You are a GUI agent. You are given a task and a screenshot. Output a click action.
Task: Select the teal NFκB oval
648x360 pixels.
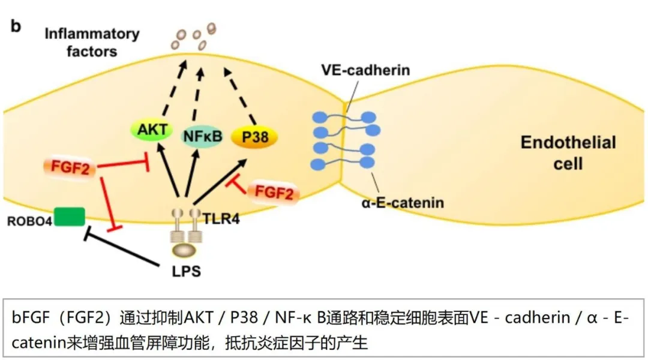point(202,136)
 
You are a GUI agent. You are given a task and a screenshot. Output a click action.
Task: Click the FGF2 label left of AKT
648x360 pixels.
point(70,169)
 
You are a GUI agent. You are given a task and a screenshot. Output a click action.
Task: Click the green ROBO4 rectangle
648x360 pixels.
point(69,217)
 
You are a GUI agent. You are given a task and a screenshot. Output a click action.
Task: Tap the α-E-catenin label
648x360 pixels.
point(403,202)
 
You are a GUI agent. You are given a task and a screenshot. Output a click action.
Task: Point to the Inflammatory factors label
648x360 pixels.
point(92,42)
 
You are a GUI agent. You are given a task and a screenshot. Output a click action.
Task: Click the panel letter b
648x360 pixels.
point(16,27)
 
